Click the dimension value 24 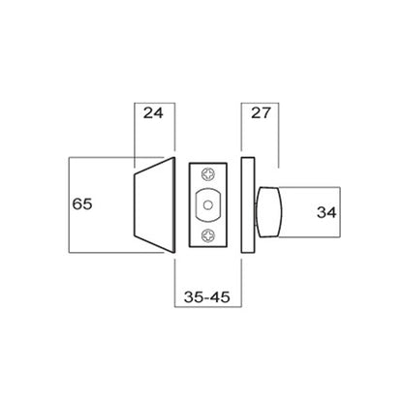tap(153, 113)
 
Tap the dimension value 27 tap(261, 113)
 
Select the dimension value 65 tap(82, 204)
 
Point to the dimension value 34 tap(326, 212)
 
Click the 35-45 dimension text tap(207, 297)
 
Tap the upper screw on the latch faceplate tap(208, 174)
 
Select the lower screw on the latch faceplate tap(208, 235)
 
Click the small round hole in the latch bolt tap(207, 205)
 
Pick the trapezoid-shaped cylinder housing tap(154, 204)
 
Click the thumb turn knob tap(269, 212)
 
